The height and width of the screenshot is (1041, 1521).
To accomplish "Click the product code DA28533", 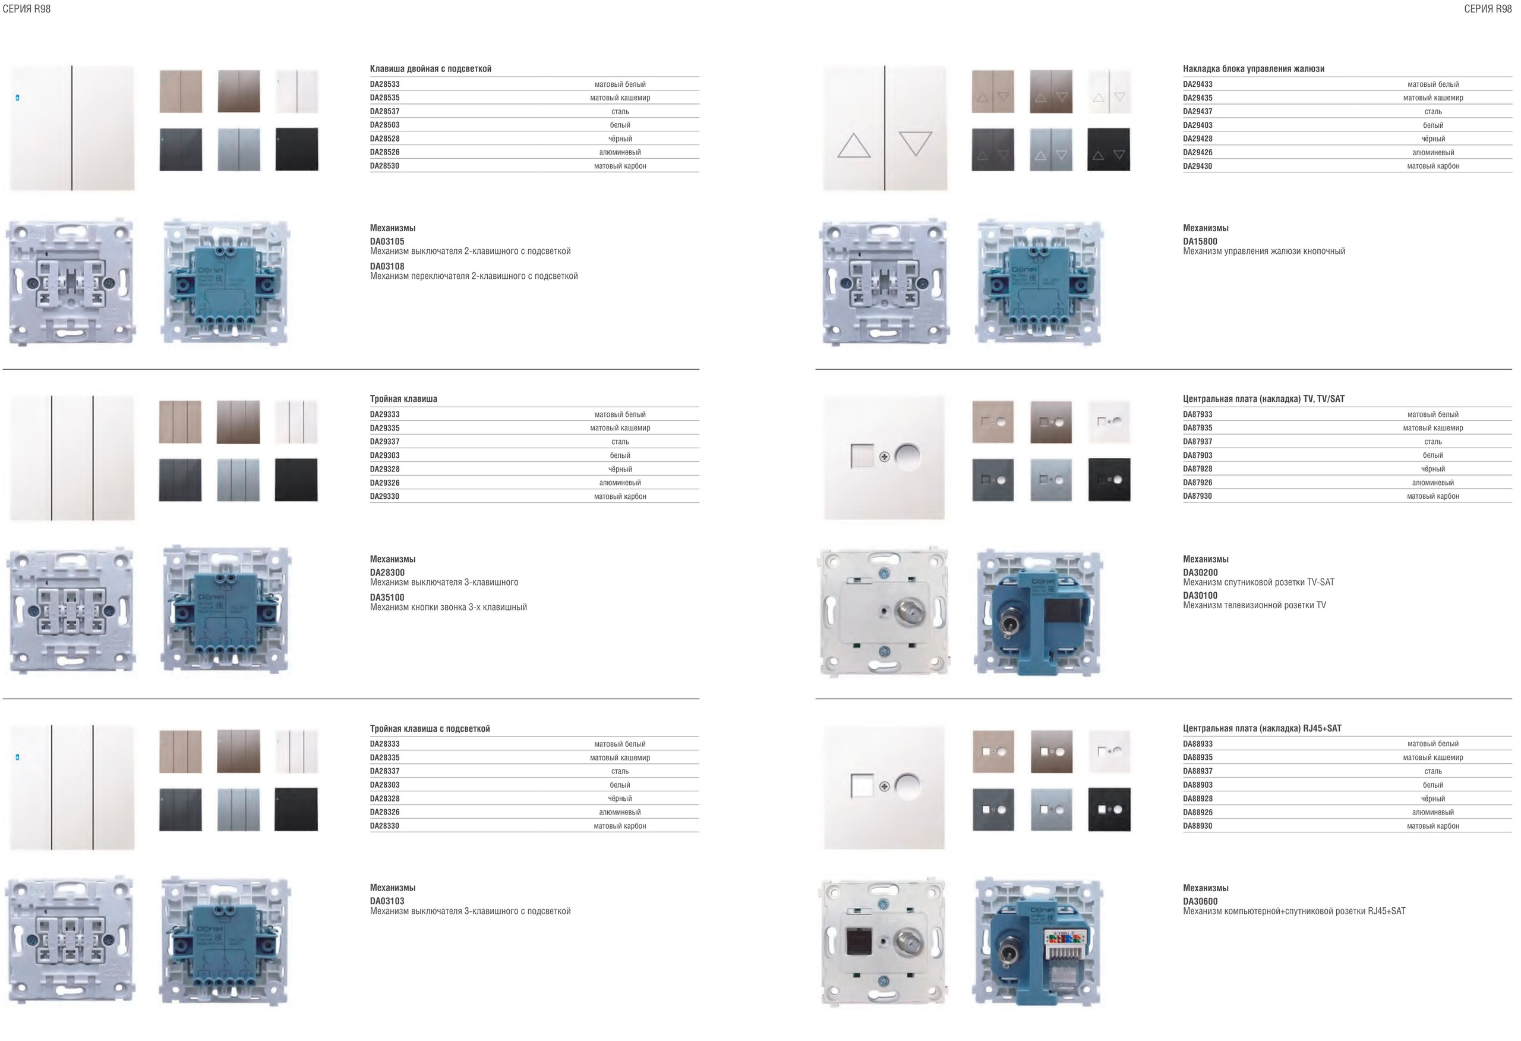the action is pyautogui.click(x=385, y=84).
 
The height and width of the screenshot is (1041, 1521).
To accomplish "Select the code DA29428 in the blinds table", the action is pyautogui.click(x=1198, y=139).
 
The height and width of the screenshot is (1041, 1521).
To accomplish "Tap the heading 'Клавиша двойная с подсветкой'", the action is pyautogui.click(x=431, y=69).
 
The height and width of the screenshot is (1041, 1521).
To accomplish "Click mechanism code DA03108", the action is pyautogui.click(x=387, y=266).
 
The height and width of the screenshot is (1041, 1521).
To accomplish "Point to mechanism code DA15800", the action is pyautogui.click(x=1200, y=241).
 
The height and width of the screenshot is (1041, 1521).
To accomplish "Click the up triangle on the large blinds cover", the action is pyautogui.click(x=854, y=146).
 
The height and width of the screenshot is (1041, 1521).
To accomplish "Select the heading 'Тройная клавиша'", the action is pyautogui.click(x=404, y=399).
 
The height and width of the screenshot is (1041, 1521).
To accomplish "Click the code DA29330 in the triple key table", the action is pyautogui.click(x=385, y=496).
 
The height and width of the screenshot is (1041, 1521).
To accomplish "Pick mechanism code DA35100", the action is pyautogui.click(x=387, y=597).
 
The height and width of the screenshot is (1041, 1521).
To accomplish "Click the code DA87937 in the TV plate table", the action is pyautogui.click(x=1198, y=442).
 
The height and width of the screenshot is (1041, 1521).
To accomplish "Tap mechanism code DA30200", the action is pyautogui.click(x=1200, y=573).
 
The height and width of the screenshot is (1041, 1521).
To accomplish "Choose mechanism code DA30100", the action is pyautogui.click(x=1200, y=596).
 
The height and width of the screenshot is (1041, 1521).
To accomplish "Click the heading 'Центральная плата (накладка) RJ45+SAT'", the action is pyautogui.click(x=1262, y=729).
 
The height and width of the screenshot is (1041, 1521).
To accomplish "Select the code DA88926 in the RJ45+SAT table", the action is pyautogui.click(x=1198, y=813).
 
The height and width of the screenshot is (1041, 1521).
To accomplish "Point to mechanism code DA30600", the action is pyautogui.click(x=1200, y=901).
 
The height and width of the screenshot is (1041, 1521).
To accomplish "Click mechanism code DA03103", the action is pyautogui.click(x=387, y=901).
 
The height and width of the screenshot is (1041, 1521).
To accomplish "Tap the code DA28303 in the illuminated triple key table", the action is pyautogui.click(x=385, y=785).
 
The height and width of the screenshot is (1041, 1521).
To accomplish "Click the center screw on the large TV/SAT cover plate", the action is pyautogui.click(x=884, y=457).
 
